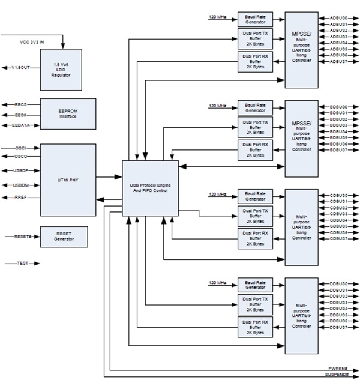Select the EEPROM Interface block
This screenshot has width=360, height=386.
coord(68,114)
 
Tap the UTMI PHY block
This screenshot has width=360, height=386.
coord(68,179)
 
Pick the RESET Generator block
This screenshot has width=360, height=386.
coord(64,237)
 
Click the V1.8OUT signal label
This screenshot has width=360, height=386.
coord(22,67)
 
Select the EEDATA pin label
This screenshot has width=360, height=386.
coord(23,125)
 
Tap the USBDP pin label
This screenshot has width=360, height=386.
coord(23,170)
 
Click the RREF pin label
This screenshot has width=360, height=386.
coord(22,197)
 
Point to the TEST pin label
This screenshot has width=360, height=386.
coord(23,263)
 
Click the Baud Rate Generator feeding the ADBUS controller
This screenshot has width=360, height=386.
coord(255,18)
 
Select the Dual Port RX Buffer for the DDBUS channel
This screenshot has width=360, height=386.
coord(255,328)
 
